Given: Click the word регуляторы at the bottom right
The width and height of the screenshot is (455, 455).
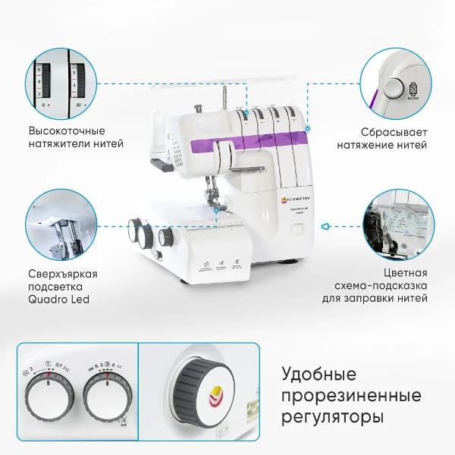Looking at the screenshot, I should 332,417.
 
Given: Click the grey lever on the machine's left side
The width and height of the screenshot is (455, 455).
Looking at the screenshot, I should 162,162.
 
